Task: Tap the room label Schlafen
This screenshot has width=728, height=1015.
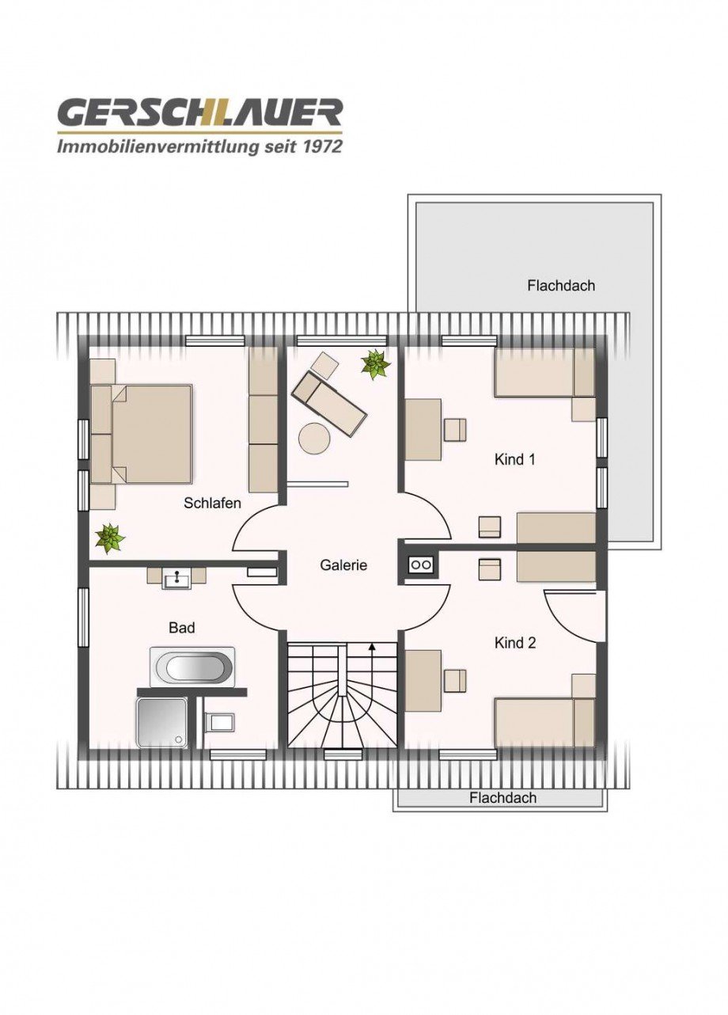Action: coord(212,503)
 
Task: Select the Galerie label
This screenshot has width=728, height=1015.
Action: coord(343,565)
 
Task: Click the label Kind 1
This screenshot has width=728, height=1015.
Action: coord(515,459)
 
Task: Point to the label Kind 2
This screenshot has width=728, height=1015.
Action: coord(515,643)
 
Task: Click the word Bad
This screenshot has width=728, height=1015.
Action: coord(181,628)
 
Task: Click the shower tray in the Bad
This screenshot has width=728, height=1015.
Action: coord(161,722)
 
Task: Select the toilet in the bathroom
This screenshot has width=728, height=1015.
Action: coord(220,722)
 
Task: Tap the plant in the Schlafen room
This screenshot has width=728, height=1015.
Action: coord(109,538)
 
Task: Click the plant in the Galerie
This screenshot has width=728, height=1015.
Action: coord(375,363)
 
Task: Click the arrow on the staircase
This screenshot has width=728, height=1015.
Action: coord(372,649)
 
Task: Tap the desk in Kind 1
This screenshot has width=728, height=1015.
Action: coord(423,429)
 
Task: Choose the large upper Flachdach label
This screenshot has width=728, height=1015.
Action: coord(560,286)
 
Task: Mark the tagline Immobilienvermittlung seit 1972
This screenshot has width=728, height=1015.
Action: coord(199,146)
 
